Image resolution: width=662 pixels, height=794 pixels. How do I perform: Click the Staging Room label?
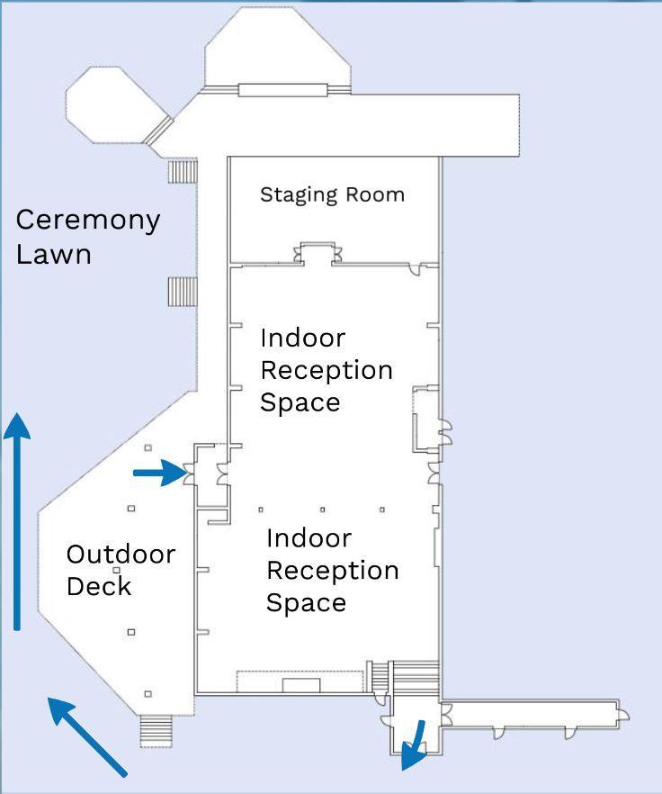[332, 195]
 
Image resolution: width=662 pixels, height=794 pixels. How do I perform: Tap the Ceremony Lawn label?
[88, 236]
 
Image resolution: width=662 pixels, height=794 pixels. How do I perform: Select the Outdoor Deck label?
[121, 570]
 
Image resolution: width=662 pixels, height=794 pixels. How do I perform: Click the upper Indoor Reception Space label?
[327, 370]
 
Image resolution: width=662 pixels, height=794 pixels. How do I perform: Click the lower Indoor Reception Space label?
[333, 570]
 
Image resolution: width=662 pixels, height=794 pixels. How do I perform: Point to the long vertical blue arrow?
[17, 521]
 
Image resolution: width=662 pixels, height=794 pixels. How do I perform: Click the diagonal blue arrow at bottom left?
[86, 735]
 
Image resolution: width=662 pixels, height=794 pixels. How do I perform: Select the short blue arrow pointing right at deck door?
[160, 473]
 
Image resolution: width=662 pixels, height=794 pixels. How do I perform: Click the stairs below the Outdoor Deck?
[157, 731]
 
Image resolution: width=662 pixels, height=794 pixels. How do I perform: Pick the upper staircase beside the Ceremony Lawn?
[183, 172]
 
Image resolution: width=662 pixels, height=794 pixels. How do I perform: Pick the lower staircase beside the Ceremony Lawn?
[183, 291]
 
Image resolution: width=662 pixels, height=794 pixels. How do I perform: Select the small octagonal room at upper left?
[115, 104]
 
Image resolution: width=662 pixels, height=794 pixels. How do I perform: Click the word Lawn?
[54, 254]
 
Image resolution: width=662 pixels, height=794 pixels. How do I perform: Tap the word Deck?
[99, 586]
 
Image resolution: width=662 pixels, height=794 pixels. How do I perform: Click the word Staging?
[299, 195]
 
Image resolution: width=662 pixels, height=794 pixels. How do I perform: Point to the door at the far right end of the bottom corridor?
[623, 715]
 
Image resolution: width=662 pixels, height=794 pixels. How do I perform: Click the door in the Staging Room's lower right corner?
[416, 269]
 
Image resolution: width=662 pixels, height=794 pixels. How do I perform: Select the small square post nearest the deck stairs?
[148, 694]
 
